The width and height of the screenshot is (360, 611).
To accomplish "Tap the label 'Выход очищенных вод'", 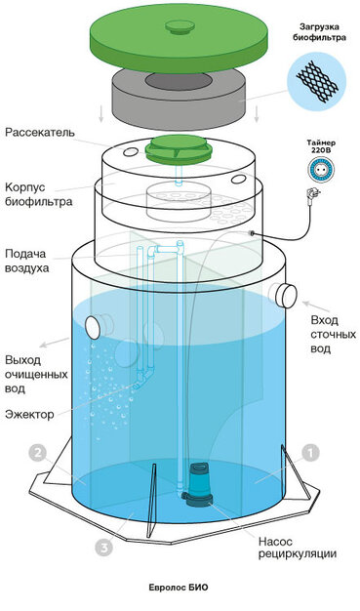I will pyautogui.click(x=35, y=373).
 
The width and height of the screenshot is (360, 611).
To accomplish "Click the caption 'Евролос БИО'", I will pyautogui.click(x=180, y=588).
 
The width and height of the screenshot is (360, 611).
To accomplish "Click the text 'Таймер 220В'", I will pyautogui.click(x=317, y=146).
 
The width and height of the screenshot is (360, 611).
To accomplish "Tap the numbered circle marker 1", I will pyautogui.click(x=309, y=452).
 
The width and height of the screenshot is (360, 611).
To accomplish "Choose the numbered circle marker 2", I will pyautogui.click(x=37, y=453).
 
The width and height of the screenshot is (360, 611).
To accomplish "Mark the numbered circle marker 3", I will pyautogui.click(x=103, y=548).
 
